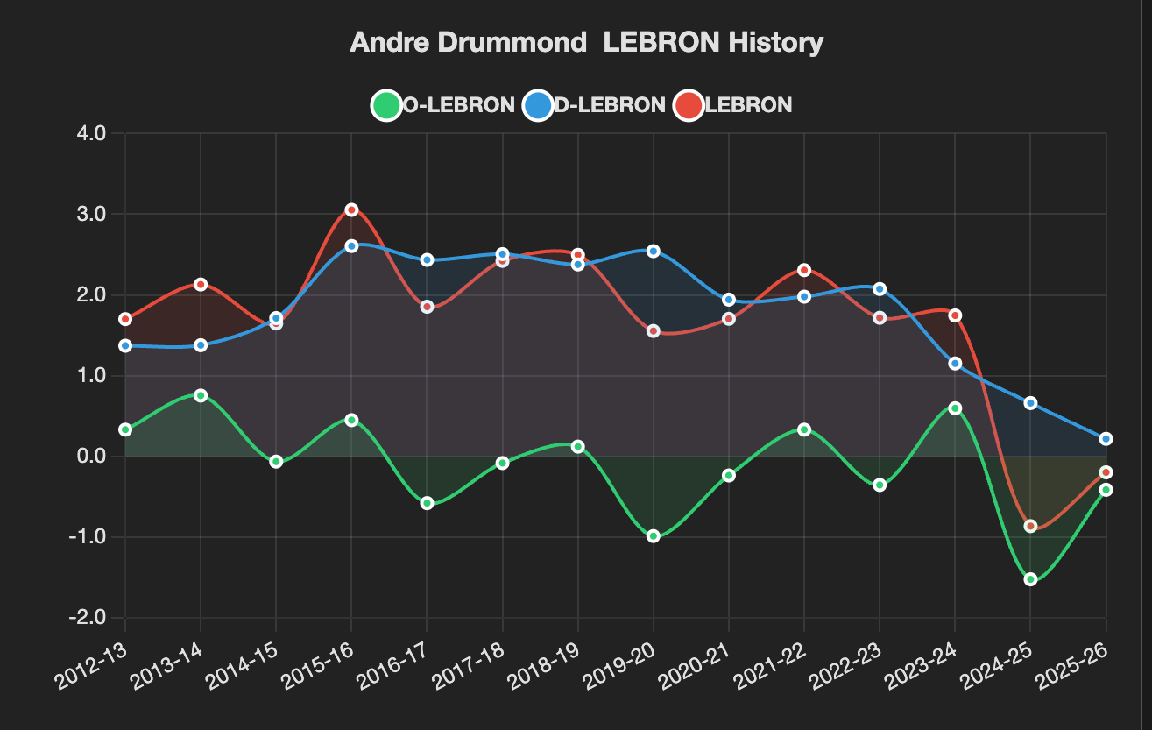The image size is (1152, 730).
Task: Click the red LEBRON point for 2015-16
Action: point(352,209)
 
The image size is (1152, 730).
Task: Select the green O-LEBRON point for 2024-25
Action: point(1030,579)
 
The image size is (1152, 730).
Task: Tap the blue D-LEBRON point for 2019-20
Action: point(654,251)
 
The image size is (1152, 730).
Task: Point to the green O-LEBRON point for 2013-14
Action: point(201,395)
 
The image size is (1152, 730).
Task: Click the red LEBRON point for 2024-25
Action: point(1030,526)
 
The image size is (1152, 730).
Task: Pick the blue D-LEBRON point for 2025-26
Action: point(1106,438)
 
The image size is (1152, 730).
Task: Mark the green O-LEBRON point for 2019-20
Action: point(654,536)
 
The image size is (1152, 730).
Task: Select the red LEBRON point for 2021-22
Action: point(804,270)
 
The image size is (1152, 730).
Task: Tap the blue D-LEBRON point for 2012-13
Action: point(125,345)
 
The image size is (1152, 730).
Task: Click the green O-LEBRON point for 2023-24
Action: point(955,408)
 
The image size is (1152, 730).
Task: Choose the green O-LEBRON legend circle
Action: point(386,105)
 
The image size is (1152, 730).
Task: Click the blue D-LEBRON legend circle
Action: point(537,105)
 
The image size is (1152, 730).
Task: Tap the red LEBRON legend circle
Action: point(688,105)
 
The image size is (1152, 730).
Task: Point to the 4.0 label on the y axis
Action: point(91,133)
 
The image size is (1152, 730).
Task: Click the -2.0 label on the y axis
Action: point(88,617)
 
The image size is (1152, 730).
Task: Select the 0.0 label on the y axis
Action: point(91,456)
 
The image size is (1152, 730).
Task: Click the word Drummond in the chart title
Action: point(512,42)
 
